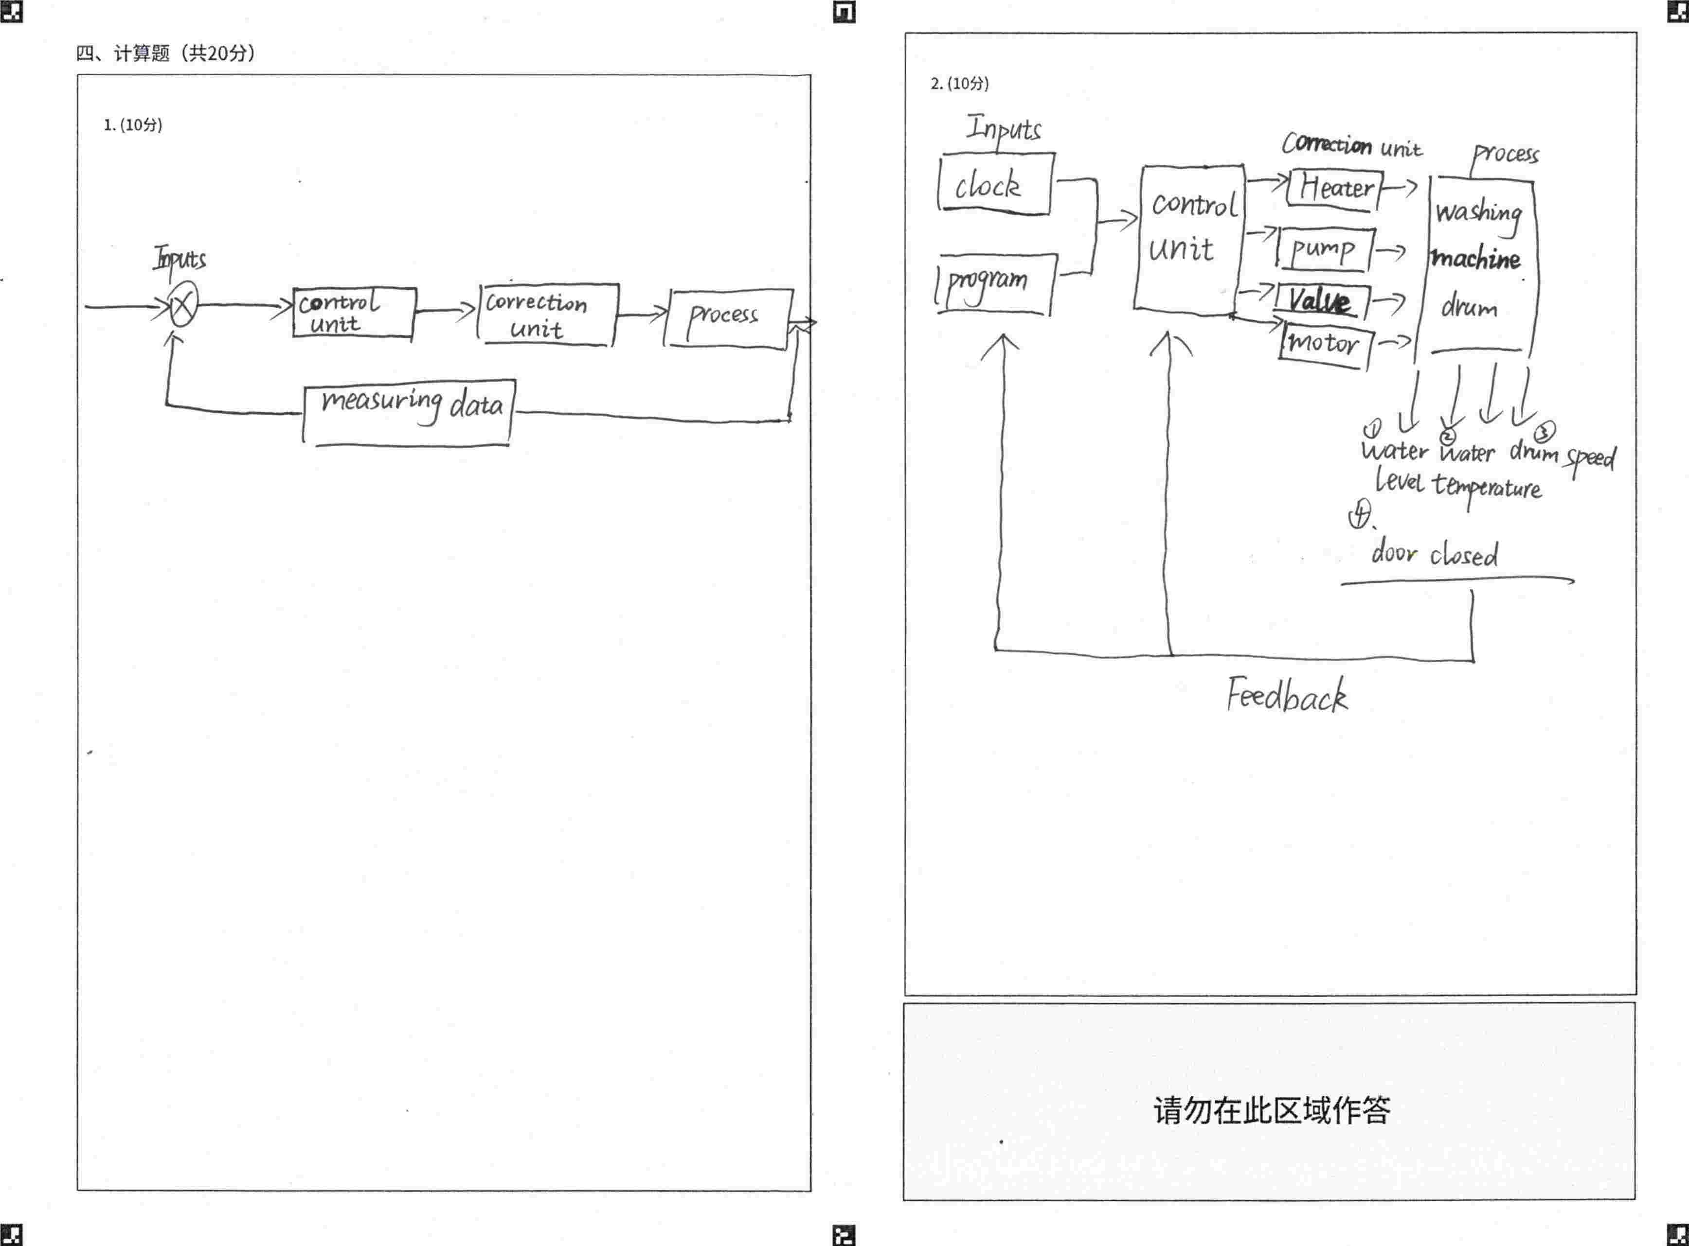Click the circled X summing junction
[x=182, y=305]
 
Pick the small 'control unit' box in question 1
[x=353, y=312]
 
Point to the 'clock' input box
[x=995, y=184]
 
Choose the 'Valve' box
[x=1321, y=301]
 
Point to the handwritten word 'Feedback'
[x=1286, y=695]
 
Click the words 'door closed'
[x=1434, y=554]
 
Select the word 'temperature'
[x=1487, y=487]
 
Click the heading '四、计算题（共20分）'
[x=166, y=53]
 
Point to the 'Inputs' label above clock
[x=1004, y=128]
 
